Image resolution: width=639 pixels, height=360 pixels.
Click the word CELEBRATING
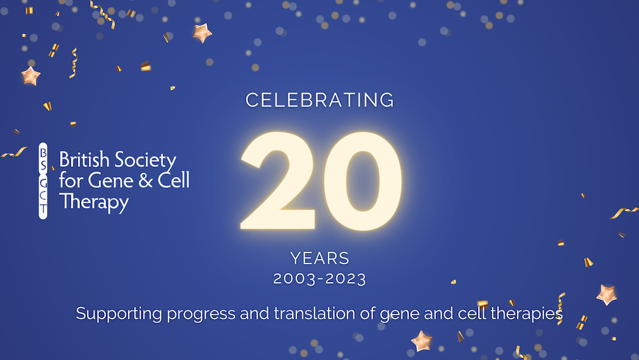tap(319, 100)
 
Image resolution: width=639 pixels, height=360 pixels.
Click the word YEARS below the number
tap(319, 258)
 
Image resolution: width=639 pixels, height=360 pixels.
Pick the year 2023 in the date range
tap(344, 279)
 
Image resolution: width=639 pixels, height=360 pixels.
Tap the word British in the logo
tap(82, 160)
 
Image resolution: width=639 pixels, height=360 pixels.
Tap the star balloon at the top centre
tap(203, 33)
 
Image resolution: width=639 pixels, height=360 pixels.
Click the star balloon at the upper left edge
tap(30, 75)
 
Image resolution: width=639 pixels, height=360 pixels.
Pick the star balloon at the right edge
tap(606, 294)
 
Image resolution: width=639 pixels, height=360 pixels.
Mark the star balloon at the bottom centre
tap(421, 341)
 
